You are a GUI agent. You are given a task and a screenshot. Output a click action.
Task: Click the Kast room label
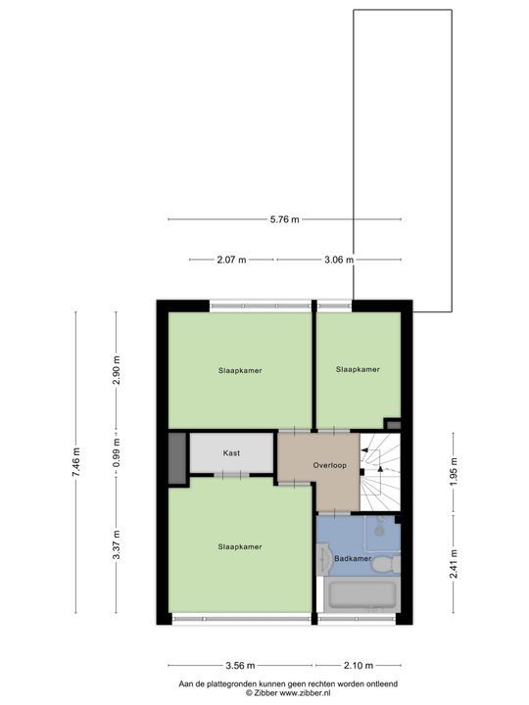click(x=231, y=453)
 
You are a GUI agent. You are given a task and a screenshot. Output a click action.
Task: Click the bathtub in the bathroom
click(x=360, y=595)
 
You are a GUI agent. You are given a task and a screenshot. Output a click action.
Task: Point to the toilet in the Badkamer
click(x=389, y=562)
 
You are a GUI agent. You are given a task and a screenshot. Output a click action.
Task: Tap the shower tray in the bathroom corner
click(x=381, y=531)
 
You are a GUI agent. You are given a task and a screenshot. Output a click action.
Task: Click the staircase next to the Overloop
click(x=380, y=471)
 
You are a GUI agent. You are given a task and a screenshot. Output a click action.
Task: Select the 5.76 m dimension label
click(x=284, y=218)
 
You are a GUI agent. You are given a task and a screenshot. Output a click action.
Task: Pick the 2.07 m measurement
click(x=231, y=259)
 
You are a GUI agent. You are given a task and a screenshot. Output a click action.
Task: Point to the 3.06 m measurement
click(x=338, y=259)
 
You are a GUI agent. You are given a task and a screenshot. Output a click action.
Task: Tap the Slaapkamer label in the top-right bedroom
click(x=357, y=369)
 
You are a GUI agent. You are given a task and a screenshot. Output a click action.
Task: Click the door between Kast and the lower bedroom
click(x=231, y=475)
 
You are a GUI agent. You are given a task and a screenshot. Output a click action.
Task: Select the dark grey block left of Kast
click(x=176, y=457)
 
